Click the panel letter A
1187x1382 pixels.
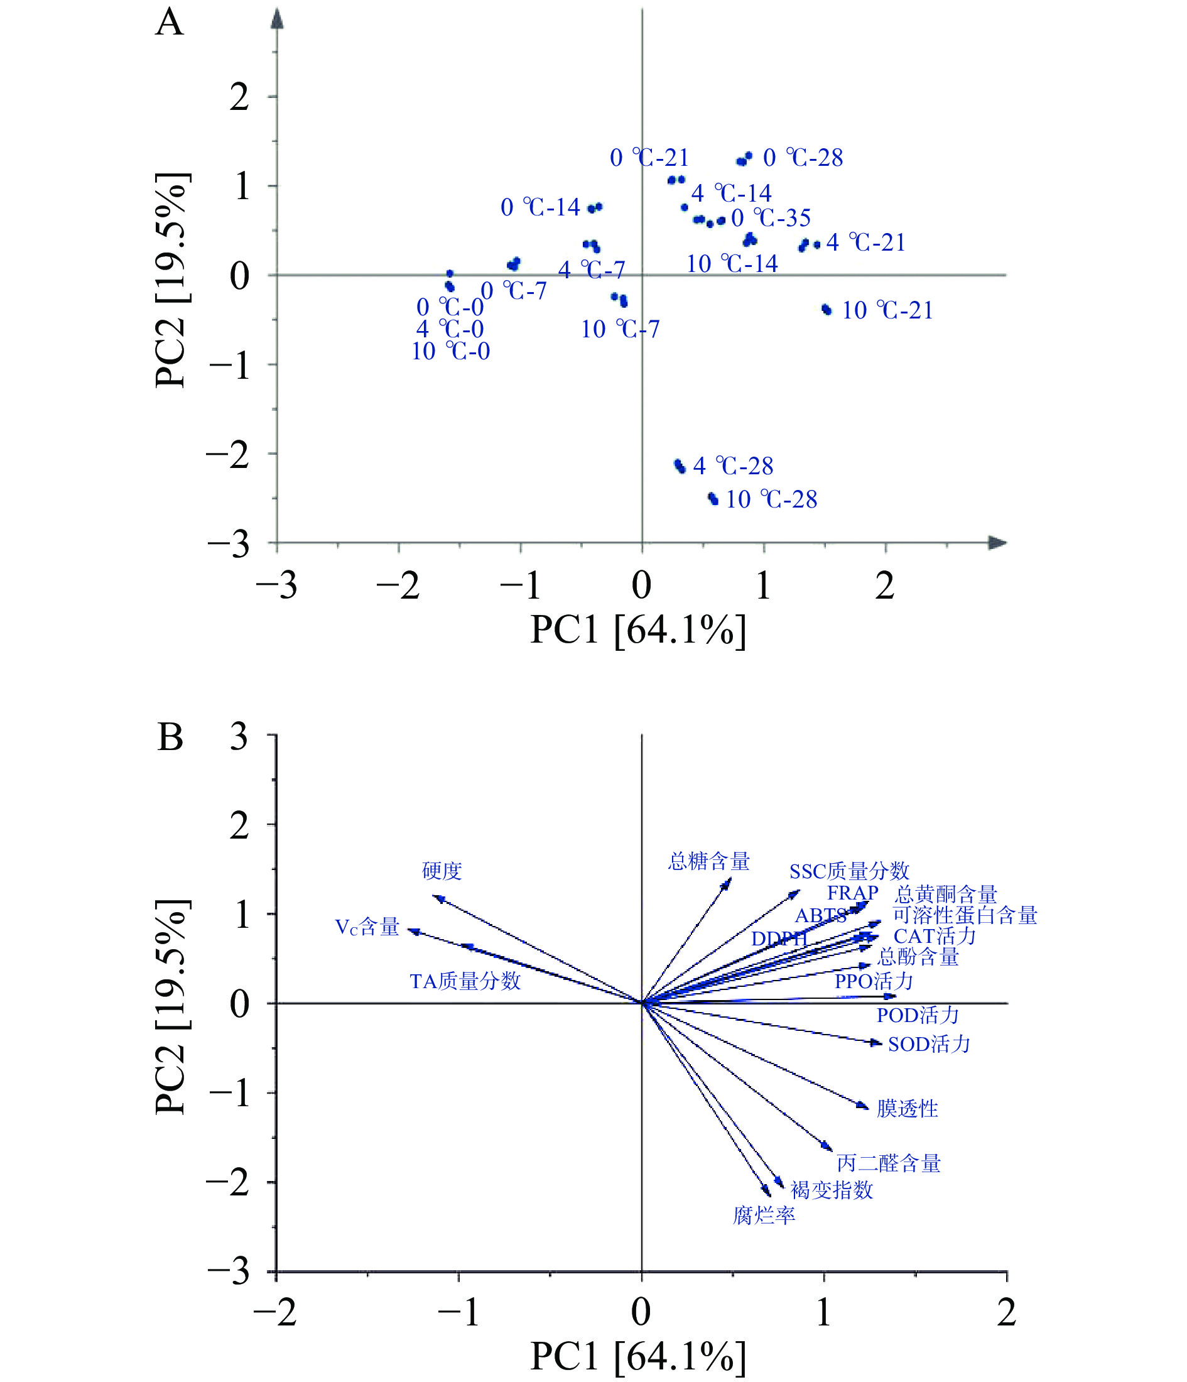point(170,23)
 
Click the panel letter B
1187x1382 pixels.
point(170,737)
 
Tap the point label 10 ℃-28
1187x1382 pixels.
point(771,499)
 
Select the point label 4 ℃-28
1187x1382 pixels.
point(733,466)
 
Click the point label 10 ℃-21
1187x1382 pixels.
point(887,311)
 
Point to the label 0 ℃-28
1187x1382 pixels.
point(803,158)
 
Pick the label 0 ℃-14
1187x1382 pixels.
point(540,207)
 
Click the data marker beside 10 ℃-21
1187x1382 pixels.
point(827,310)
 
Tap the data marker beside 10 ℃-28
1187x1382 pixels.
point(713,498)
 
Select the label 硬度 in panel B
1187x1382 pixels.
point(442,871)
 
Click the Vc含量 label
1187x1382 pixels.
point(367,927)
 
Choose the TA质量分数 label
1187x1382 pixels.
point(465,981)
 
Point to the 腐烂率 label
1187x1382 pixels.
point(764,1216)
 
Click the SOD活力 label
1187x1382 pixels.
point(929,1044)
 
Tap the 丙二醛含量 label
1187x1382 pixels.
point(888,1163)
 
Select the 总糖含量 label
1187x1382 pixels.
point(709,861)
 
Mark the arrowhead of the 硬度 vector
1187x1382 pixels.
point(438,898)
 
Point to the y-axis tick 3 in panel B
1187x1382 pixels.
point(238,737)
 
